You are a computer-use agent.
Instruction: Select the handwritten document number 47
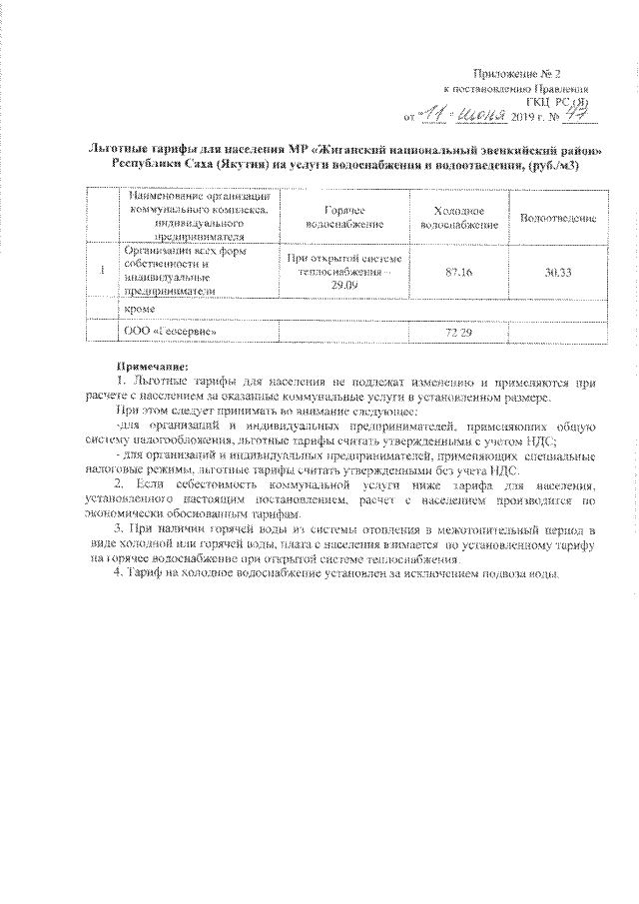(x=579, y=115)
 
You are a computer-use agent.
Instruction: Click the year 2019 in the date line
(x=522, y=118)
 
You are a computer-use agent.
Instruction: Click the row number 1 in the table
(x=103, y=271)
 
